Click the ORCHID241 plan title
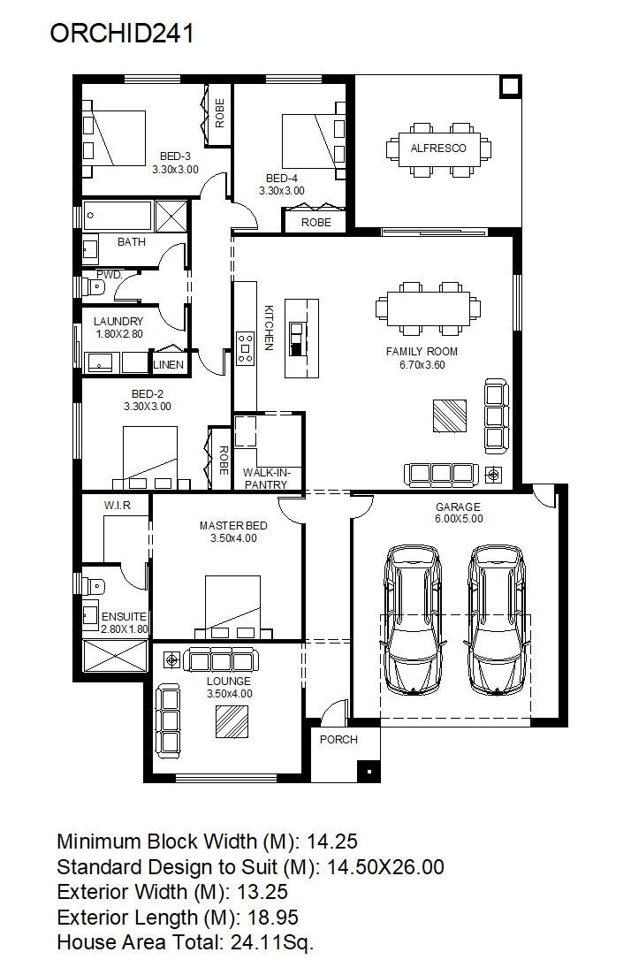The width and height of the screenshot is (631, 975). (x=122, y=34)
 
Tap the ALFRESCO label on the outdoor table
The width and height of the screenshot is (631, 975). (x=438, y=148)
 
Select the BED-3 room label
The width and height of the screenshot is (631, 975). (x=175, y=156)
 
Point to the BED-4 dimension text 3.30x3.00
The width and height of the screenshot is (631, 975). (x=282, y=191)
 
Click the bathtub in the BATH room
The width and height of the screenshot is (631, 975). (x=118, y=215)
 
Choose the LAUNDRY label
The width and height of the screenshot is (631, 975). (x=118, y=322)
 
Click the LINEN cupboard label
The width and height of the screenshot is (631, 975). (x=169, y=365)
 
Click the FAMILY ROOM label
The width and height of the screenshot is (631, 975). (x=422, y=351)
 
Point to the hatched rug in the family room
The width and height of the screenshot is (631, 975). (x=450, y=415)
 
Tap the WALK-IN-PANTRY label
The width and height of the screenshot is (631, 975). (x=266, y=479)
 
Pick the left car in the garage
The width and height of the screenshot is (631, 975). (x=413, y=620)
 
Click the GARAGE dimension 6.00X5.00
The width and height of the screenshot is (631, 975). (x=459, y=519)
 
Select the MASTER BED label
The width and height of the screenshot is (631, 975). (x=233, y=525)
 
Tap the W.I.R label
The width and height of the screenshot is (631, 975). (x=118, y=506)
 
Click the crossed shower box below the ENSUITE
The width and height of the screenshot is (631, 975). (x=116, y=655)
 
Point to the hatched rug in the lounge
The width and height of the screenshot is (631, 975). (x=232, y=722)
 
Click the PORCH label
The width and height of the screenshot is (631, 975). (x=338, y=739)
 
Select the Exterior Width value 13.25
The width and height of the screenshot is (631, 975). (x=262, y=892)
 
